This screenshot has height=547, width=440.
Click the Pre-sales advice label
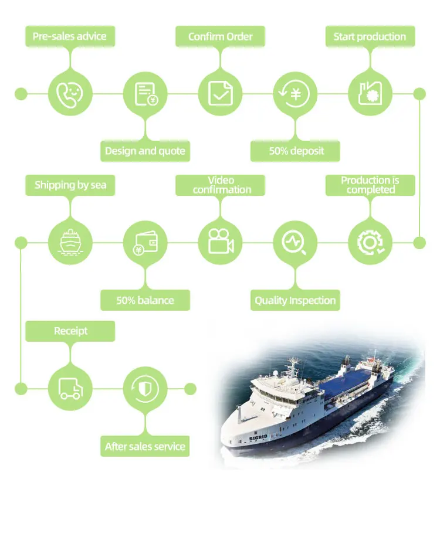tap(70, 36)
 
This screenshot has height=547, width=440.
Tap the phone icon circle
tap(70, 93)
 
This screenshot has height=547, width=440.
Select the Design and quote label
tap(145, 151)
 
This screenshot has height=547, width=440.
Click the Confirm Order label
tap(220, 36)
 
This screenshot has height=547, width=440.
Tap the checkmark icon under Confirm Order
tap(220, 93)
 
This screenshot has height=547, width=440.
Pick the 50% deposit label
tap(296, 151)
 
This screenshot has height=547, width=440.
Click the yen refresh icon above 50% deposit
tap(296, 93)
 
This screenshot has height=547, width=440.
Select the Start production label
tap(370, 36)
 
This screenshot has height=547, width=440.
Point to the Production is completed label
tap(370, 185)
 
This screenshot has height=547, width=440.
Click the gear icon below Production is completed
tap(370, 242)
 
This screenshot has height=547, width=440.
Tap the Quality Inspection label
tap(295, 300)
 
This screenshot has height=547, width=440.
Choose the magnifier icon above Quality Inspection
tap(295, 242)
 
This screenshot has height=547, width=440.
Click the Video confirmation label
tap(221, 185)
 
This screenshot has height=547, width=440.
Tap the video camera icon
tap(220, 242)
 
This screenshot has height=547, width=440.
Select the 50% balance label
tap(145, 300)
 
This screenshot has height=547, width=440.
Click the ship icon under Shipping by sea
tap(70, 242)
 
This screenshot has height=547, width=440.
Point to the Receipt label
tap(70, 331)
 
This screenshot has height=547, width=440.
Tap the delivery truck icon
tap(70, 388)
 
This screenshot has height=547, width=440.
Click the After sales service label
tap(145, 446)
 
